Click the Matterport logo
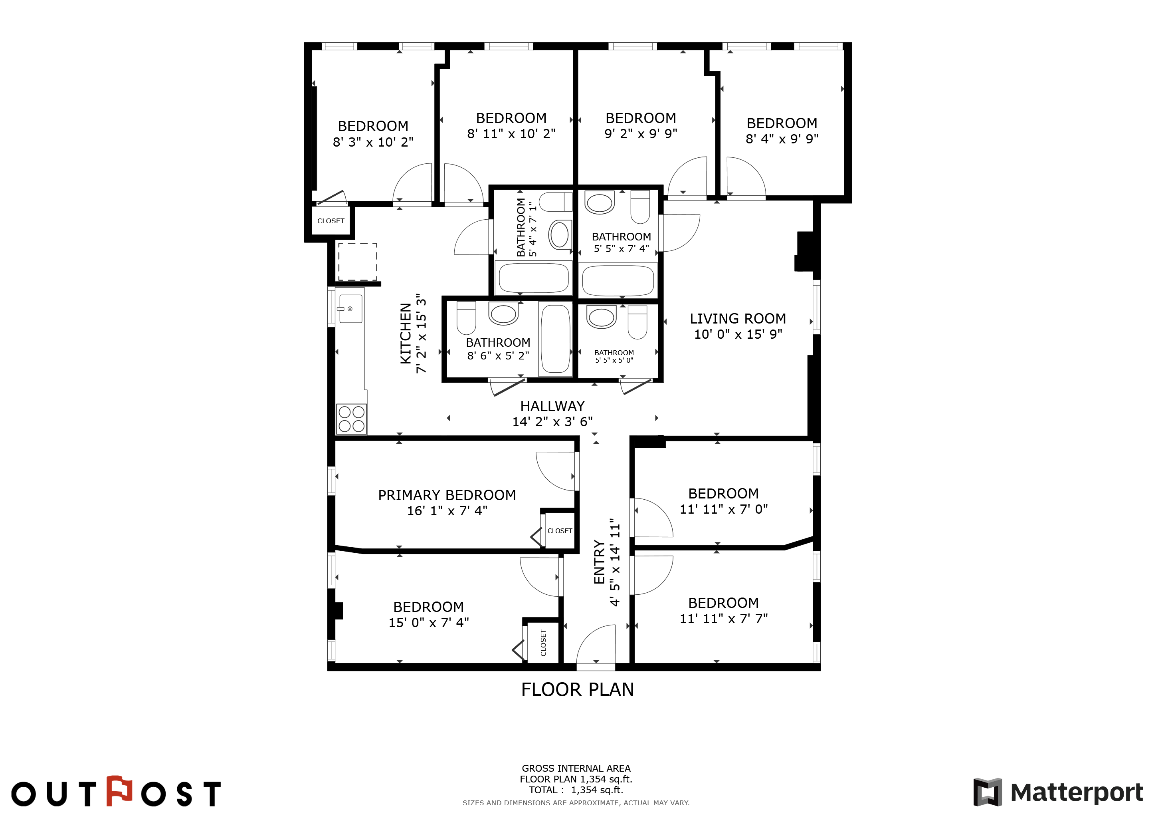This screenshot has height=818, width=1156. click(1058, 792)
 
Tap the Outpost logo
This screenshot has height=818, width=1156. click(116, 791)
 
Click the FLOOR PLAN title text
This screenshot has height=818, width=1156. click(578, 689)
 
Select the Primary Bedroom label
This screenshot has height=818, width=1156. click(447, 495)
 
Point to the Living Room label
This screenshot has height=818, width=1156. click(738, 318)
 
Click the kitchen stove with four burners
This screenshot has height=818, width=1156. click(351, 419)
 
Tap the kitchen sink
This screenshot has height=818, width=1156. click(350, 309)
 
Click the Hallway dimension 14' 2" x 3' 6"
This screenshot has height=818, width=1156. click(552, 422)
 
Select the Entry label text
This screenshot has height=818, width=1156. click(599, 562)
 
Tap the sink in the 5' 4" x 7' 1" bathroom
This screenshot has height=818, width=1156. click(559, 234)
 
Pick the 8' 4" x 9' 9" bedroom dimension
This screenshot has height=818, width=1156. click(782, 139)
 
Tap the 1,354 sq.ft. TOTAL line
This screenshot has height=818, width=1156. click(576, 790)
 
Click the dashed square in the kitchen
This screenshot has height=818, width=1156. click(358, 262)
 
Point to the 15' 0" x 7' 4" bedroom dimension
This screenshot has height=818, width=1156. click(428, 623)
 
